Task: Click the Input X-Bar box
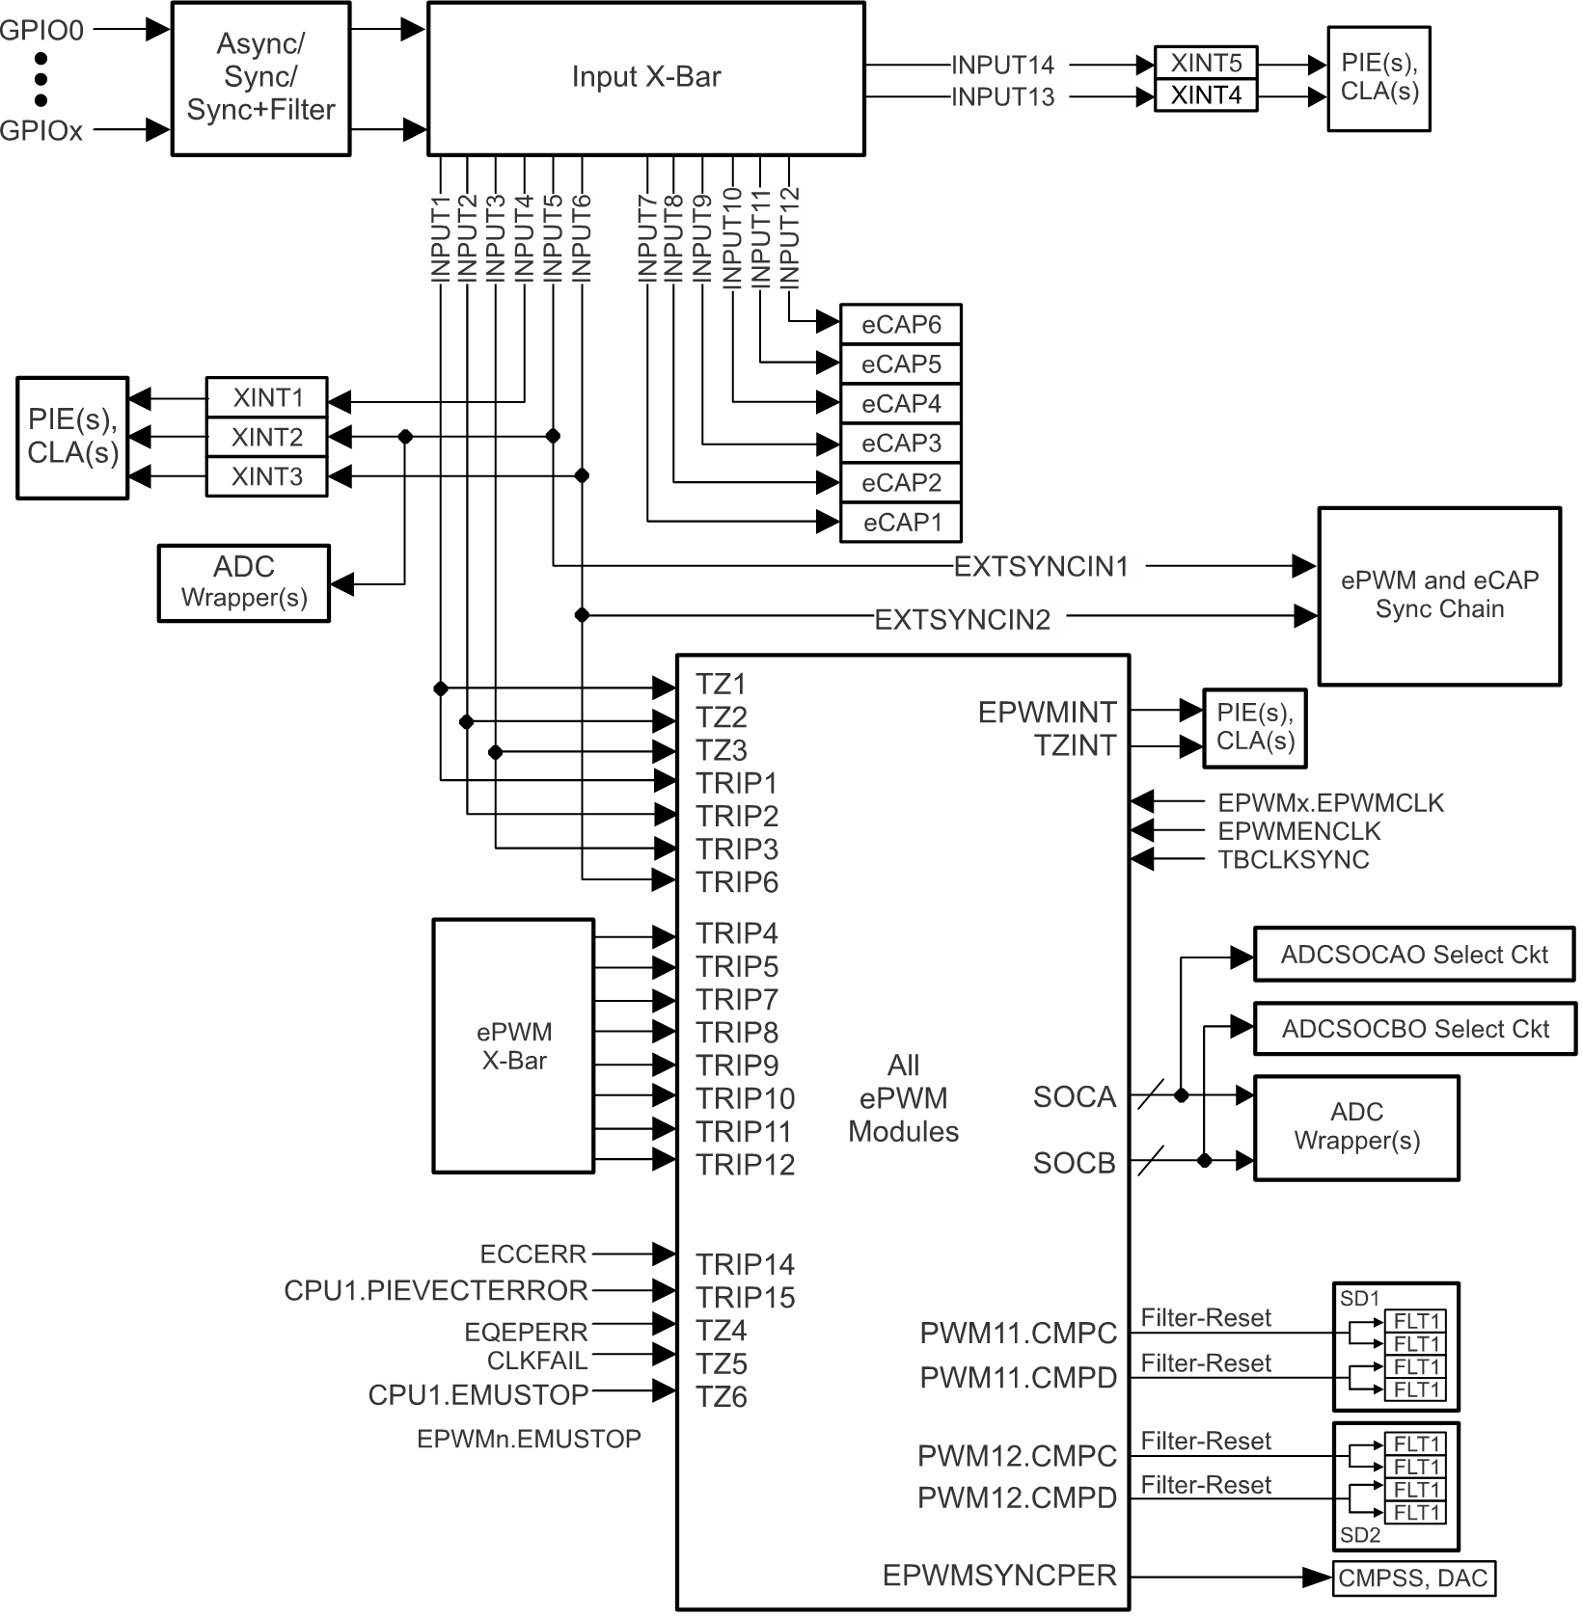pyautogui.click(x=645, y=78)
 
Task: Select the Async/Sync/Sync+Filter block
pyautogui.click(x=260, y=78)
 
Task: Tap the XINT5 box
pyautogui.click(x=1205, y=64)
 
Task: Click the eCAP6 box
pyautogui.click(x=900, y=325)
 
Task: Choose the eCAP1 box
pyautogui.click(x=900, y=523)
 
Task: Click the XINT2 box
pyautogui.click(x=266, y=438)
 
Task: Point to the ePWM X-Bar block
pyautogui.click(x=513, y=1046)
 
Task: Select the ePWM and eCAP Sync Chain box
pyautogui.click(x=1438, y=596)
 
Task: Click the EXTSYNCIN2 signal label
pyautogui.click(x=962, y=620)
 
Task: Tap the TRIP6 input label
pyautogui.click(x=737, y=882)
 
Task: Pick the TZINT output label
pyautogui.click(x=1075, y=745)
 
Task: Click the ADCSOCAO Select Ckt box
pyautogui.click(x=1413, y=955)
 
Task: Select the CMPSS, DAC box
pyautogui.click(x=1413, y=1578)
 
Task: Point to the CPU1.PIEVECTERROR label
pyautogui.click(x=435, y=1290)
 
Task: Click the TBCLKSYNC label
pyautogui.click(x=1293, y=860)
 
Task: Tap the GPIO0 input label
pyautogui.click(x=42, y=31)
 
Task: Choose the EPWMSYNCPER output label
pyautogui.click(x=999, y=1576)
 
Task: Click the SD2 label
pyautogui.click(x=1360, y=1535)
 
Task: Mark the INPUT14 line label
pyautogui.click(x=1002, y=66)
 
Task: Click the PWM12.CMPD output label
pyautogui.click(x=1017, y=1498)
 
